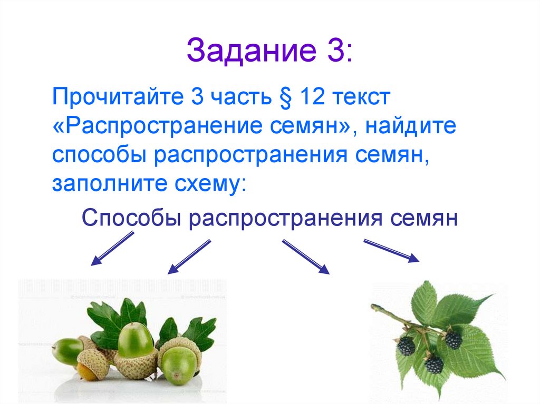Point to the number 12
click(x=314, y=97)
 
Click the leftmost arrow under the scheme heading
click(x=112, y=249)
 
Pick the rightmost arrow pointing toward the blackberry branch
click(x=391, y=250)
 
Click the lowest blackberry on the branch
click(x=434, y=364)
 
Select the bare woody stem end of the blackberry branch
click(x=375, y=306)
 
